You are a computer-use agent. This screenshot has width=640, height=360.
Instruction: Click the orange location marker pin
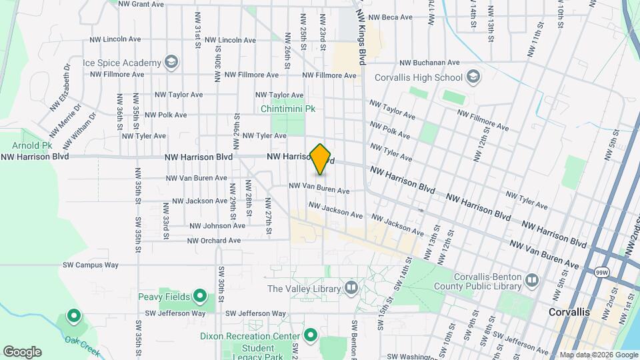click(321, 159)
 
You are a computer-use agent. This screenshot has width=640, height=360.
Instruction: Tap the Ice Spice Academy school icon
click(172, 63)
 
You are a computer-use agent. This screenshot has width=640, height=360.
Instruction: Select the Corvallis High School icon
click(473, 77)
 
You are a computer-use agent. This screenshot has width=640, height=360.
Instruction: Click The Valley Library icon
click(351, 289)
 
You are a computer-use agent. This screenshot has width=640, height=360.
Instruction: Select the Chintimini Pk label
click(288, 107)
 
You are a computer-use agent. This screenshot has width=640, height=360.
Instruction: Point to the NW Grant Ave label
click(141, 4)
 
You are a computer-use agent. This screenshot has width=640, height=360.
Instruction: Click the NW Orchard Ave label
click(213, 241)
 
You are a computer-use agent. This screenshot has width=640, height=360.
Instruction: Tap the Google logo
click(22, 352)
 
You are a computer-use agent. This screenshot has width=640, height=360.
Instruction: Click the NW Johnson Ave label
click(217, 226)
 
